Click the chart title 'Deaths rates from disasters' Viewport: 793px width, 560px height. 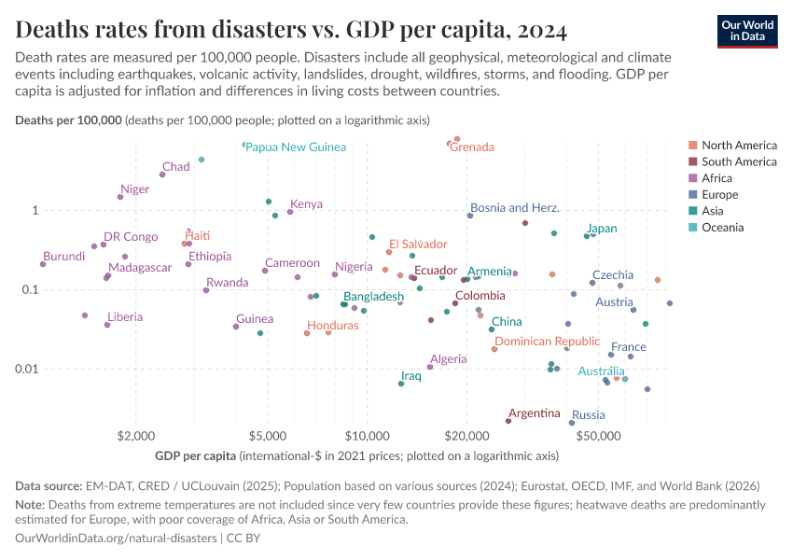pos(291,31)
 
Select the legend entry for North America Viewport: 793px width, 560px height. pos(738,146)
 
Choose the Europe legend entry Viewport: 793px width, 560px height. pos(719,195)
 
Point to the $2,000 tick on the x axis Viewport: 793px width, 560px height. pos(136,436)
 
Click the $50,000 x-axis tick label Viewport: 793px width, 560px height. pos(599,436)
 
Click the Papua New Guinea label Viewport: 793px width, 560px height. pos(297,147)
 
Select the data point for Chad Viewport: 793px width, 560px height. pos(162,175)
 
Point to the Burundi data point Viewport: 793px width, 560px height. pos(43,264)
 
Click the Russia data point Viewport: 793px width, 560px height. pos(572,423)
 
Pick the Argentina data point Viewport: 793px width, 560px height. pos(508,421)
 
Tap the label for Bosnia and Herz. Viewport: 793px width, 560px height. pos(514,208)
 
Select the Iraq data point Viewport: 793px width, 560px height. pos(401,384)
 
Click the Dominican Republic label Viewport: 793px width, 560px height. pos(547,342)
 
